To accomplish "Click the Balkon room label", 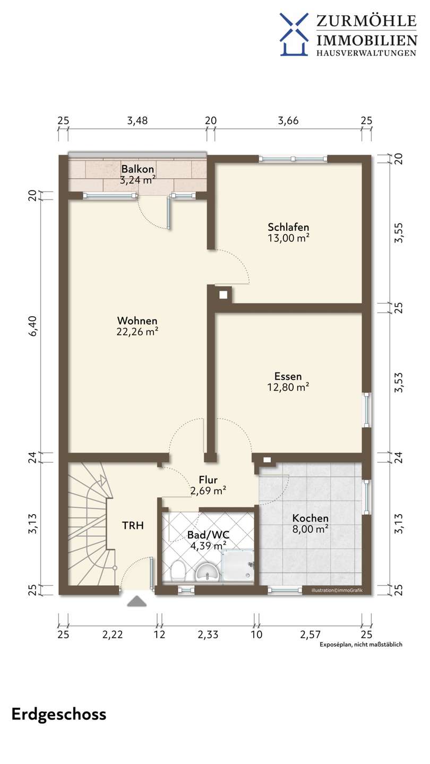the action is click(x=137, y=169).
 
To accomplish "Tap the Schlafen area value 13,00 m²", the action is click(x=288, y=238).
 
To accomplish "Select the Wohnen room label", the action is click(x=137, y=320).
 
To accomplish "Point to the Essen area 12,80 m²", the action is click(x=288, y=387).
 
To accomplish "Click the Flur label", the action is click(x=208, y=480).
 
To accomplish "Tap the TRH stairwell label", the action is click(x=133, y=526).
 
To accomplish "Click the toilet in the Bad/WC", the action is click(x=177, y=571).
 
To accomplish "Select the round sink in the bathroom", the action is click(x=207, y=572).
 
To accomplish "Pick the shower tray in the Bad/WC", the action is click(x=238, y=566).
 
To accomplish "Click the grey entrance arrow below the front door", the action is click(x=137, y=601).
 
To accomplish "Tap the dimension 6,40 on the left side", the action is click(x=33, y=326).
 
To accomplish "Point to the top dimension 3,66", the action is click(x=288, y=120).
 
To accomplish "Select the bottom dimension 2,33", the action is click(x=208, y=635).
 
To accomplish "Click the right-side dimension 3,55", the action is click(x=398, y=233).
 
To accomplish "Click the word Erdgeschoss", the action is click(x=59, y=715).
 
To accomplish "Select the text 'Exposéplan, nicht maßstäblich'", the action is click(x=361, y=645).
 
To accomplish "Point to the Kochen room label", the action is click(x=310, y=518).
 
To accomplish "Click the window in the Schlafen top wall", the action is click(x=293, y=159).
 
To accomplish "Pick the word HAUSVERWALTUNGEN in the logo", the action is click(x=366, y=53).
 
